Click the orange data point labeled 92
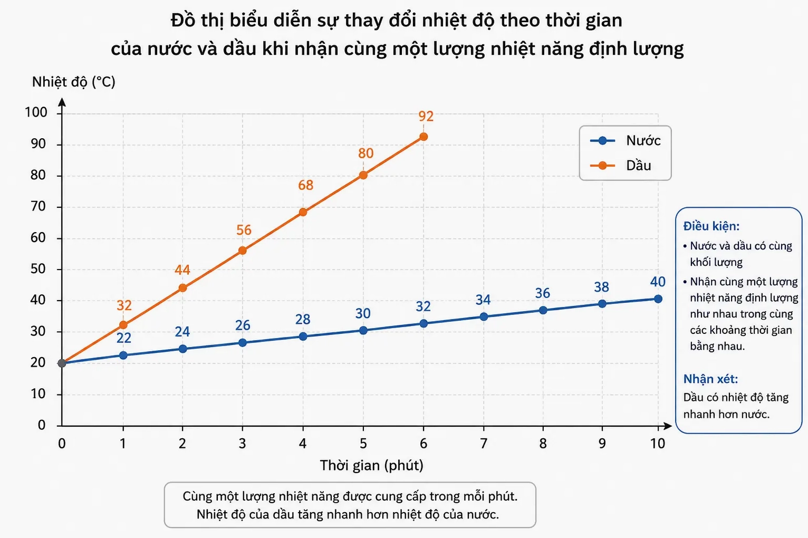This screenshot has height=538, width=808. coord(424,137)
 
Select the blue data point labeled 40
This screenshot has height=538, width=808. coord(658,299)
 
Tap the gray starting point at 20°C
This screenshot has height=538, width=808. coord(62,363)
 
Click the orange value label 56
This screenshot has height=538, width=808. coord(244,230)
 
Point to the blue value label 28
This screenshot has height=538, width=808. coord(303,319)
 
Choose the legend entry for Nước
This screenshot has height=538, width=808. coord(626,140)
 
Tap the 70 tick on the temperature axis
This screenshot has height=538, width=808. coord(38,206)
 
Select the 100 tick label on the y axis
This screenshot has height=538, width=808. coord(36,112)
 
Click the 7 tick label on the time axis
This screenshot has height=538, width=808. coord(483,444)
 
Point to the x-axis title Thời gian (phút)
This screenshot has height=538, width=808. coord(371,465)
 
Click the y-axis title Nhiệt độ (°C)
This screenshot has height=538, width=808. coord(74,82)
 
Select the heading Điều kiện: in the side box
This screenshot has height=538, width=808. coord(711,226)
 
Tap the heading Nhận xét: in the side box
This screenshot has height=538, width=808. coord(710,379)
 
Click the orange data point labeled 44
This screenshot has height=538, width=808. coord(183,287)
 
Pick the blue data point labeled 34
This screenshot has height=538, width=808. coord(484,316)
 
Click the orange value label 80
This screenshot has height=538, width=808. coord(366,153)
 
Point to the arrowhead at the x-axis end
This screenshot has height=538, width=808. coord(668,426)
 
